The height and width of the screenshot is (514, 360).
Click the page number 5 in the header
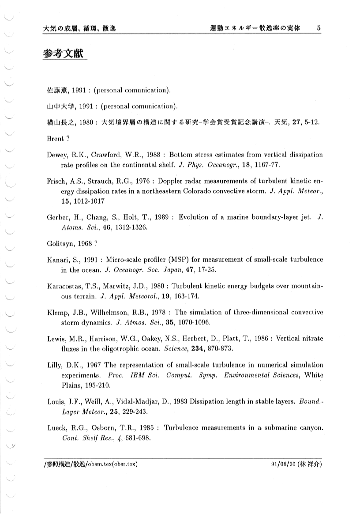[319, 28]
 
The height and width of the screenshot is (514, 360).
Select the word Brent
[55, 138]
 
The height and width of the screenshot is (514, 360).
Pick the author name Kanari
[58, 260]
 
